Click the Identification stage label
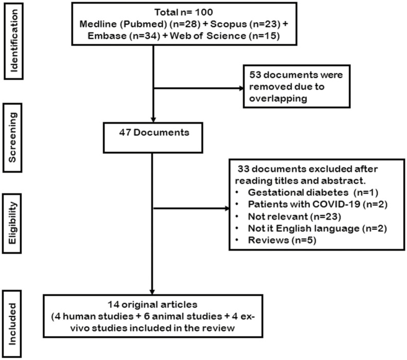14,41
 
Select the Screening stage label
12,137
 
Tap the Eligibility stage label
12,223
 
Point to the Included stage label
12,324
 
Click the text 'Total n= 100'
184,12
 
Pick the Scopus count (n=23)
265,24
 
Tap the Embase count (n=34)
145,35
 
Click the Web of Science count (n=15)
264,35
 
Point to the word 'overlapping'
278,99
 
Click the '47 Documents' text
154,132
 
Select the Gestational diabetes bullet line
307,192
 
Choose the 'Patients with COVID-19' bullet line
311,204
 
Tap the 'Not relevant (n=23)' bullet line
288,217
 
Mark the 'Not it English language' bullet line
311,228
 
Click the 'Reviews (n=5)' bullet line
276,240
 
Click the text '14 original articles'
153,304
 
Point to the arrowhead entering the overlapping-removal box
241,88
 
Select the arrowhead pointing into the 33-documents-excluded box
227,208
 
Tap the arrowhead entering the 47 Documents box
153,119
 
